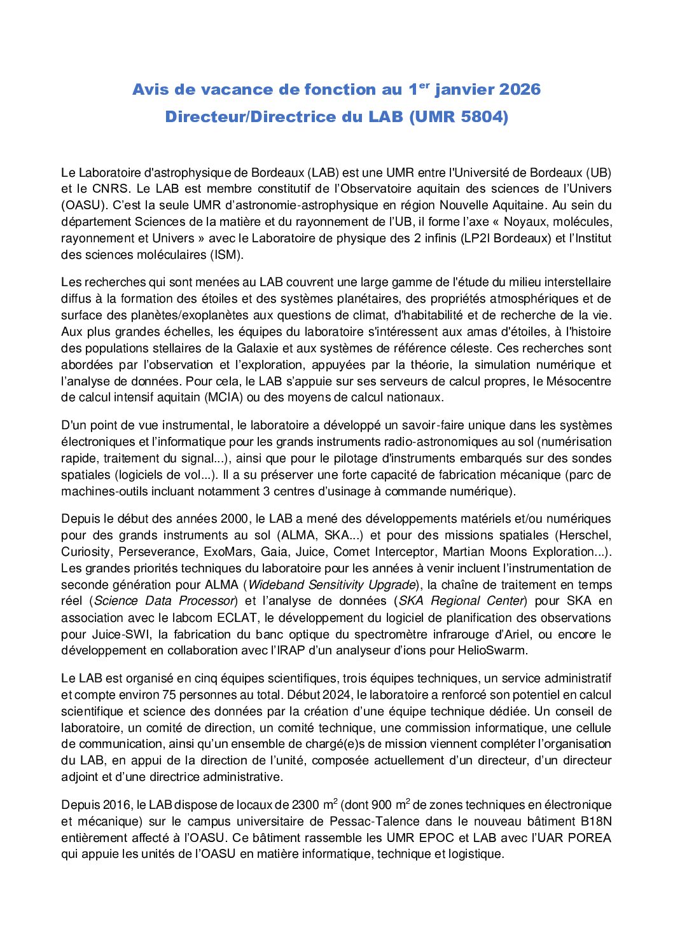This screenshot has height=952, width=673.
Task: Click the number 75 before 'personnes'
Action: tap(169, 695)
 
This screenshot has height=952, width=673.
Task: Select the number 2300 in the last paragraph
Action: tap(305, 806)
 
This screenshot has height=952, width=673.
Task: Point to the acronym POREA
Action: tap(590, 838)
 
